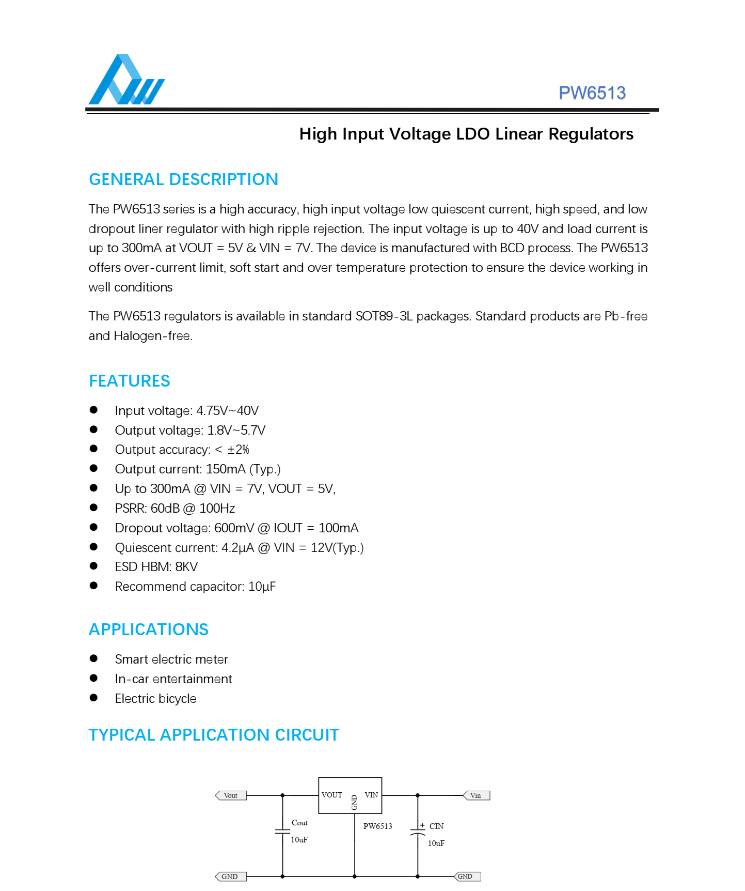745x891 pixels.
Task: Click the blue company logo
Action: [x=126, y=80]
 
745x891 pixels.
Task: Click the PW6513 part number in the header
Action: [x=592, y=93]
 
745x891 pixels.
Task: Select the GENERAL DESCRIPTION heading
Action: [x=183, y=179]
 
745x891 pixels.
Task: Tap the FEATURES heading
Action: [x=129, y=381]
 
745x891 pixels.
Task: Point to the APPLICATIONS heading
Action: [x=148, y=629]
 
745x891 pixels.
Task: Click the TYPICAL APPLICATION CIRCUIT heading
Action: [x=214, y=735]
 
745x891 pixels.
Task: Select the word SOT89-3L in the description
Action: [x=384, y=316]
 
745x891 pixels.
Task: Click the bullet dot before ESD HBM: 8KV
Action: [x=93, y=566]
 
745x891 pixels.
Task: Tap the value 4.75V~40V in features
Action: [x=227, y=411]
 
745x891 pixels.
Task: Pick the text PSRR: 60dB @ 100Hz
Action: [x=175, y=509]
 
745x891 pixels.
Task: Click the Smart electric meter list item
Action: [x=171, y=659]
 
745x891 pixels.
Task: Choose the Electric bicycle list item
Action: [x=155, y=699]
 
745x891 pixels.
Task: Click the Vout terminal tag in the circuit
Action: [x=231, y=795]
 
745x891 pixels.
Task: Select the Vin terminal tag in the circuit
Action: [x=476, y=795]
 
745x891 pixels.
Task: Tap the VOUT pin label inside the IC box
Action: [x=331, y=795]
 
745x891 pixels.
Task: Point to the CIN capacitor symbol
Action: [x=417, y=833]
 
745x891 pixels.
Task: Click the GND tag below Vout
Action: [x=230, y=877]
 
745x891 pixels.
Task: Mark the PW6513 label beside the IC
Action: [x=377, y=826]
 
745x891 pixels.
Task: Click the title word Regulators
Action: [x=591, y=134]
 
